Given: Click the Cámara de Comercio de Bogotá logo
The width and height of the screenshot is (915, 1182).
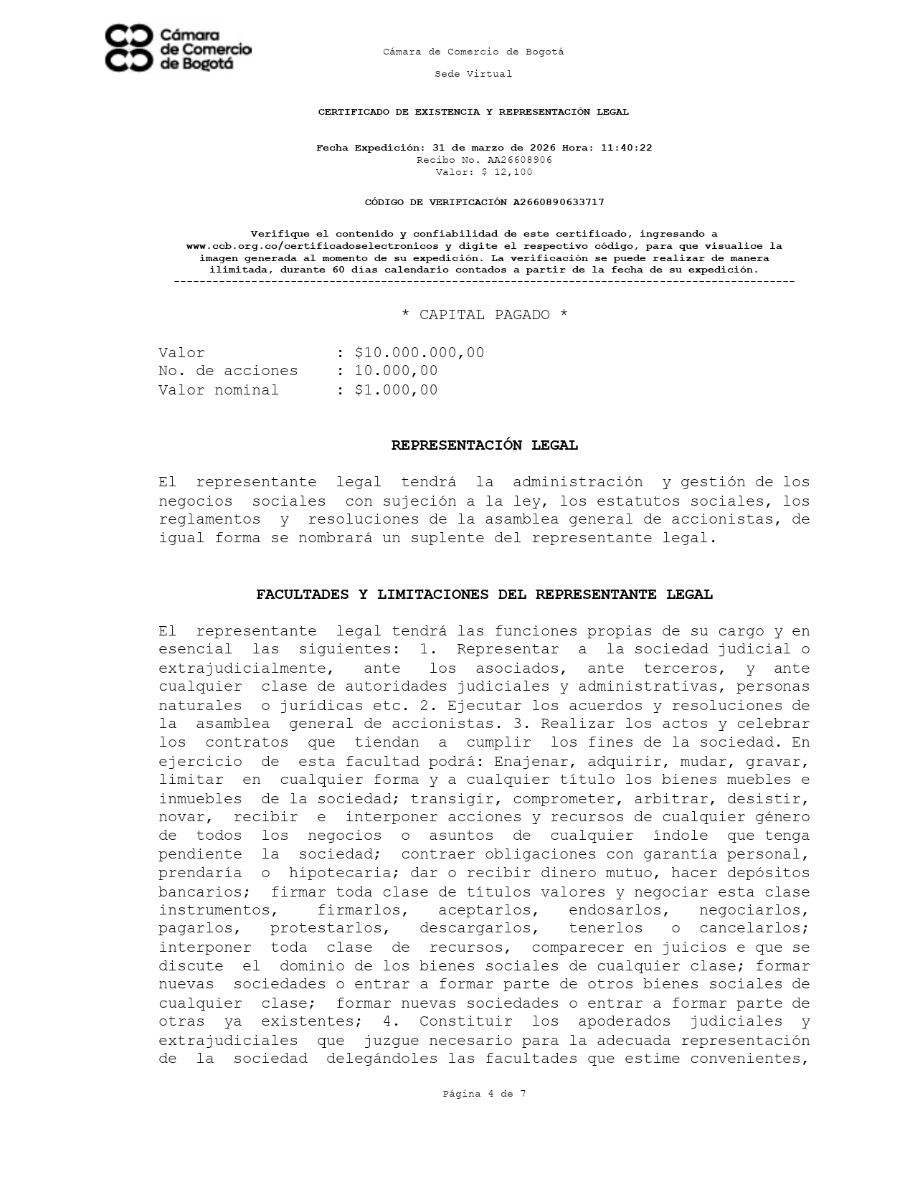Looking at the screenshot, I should point(178,49).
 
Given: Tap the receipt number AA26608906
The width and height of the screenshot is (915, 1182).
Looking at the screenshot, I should point(519,160).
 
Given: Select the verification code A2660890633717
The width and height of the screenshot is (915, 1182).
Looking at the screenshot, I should point(558,202).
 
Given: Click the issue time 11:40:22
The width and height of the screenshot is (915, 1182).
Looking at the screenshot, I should point(626,148).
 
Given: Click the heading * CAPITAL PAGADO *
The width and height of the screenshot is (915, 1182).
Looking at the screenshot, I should point(484,315).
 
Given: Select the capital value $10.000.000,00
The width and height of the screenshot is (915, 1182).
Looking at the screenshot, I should point(419,353).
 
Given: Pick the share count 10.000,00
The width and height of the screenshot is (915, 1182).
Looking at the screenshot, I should point(396,371).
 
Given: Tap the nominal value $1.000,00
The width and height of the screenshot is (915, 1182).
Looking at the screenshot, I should point(396,390).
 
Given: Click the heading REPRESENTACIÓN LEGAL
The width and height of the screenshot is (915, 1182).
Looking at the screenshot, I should point(484,445).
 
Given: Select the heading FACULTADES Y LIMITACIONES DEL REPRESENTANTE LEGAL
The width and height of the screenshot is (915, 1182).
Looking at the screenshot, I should point(484,595).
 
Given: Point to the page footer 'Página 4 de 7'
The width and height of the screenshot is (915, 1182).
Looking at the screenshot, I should point(484,1094).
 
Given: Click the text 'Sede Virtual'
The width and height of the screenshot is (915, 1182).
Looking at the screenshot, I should point(473,74).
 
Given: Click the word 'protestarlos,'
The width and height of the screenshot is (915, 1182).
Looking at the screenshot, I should point(329,929).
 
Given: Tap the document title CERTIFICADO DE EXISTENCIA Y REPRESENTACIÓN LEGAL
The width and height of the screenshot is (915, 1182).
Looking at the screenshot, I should point(473,112).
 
